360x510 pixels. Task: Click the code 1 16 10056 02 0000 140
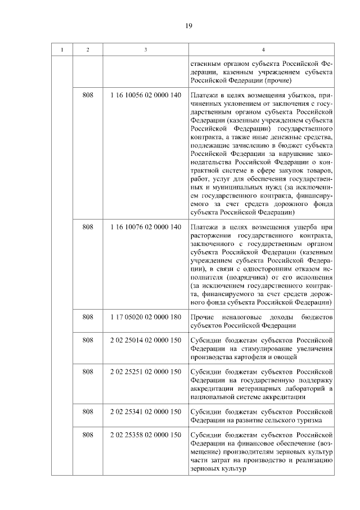coord(146,95)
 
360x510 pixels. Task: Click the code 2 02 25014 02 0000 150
coord(146,340)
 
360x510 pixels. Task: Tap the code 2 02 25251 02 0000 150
coord(146,372)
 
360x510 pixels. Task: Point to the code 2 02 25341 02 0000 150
coord(146,411)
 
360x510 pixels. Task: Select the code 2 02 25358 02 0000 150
coord(146,435)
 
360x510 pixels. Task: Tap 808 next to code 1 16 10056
coord(87,95)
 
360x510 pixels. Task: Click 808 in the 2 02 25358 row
coord(87,435)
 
